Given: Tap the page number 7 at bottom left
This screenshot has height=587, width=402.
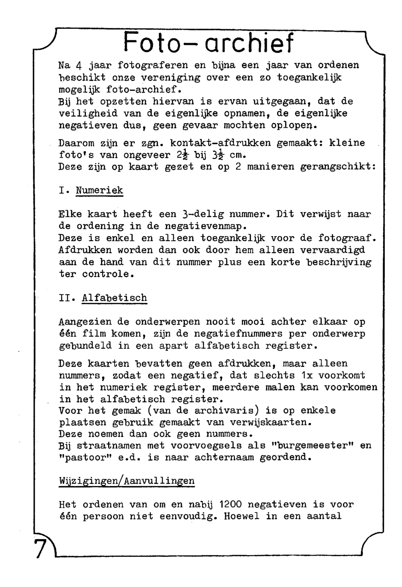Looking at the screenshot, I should (39, 548).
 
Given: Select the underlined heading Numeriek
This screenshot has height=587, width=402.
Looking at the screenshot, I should (99, 190).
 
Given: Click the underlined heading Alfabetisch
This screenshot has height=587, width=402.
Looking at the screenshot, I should (114, 298).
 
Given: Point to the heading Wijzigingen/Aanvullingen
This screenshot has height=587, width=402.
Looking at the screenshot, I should (127, 481).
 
